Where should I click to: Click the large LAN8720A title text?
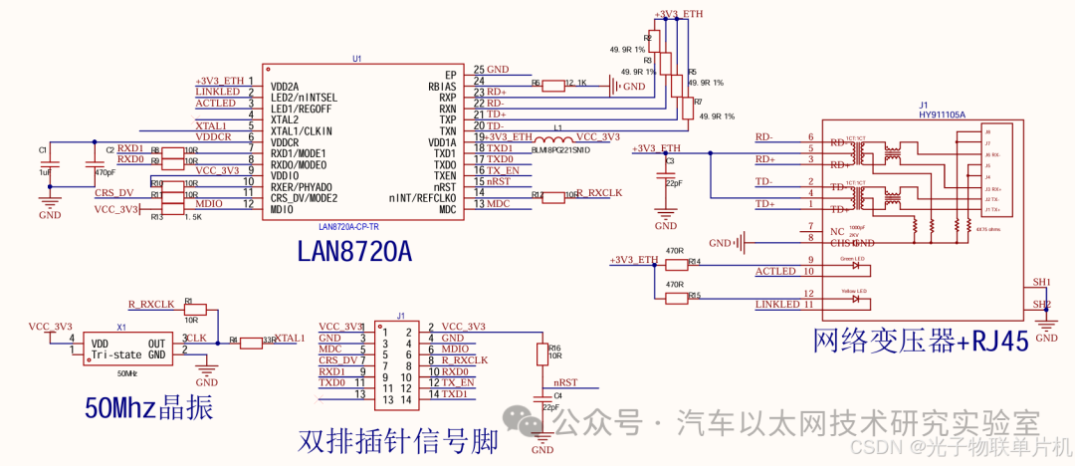pos(354,253)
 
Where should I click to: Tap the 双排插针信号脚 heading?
pos(398,441)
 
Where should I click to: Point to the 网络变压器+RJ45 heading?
pos(921,342)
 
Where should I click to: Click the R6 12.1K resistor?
pos(553,86)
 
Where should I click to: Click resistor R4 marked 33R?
pos(250,341)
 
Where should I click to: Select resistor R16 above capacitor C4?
pos(542,353)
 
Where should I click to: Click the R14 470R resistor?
pos(677,264)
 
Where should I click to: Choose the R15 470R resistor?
pos(677,297)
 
